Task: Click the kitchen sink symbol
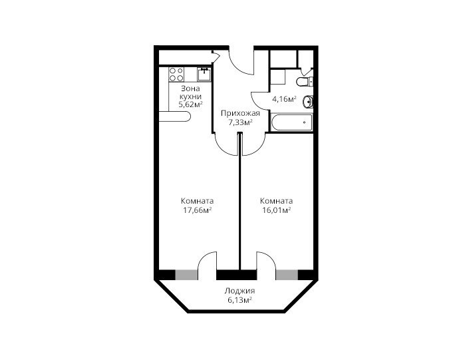[x=204, y=75]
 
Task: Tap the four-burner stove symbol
[x=176, y=75]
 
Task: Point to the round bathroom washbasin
[x=308, y=102]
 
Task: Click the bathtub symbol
[x=292, y=122]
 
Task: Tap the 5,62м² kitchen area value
[x=190, y=104]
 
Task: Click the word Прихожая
[x=240, y=113]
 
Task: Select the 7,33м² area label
[x=240, y=122]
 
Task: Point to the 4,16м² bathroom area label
[x=284, y=99]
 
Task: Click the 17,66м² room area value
[x=198, y=210]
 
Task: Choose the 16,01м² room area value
[x=277, y=210]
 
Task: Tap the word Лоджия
[x=239, y=291]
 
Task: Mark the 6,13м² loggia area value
[x=239, y=300]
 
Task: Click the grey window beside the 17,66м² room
[x=187, y=275]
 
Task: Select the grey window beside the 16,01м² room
[x=287, y=275]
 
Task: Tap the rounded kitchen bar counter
[x=175, y=116]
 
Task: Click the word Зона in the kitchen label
[x=190, y=89]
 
